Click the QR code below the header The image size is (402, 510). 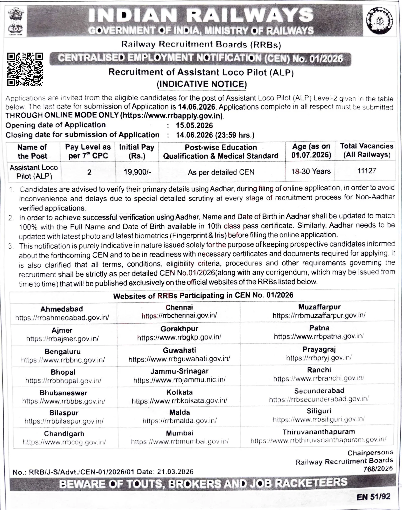[x=25, y=69]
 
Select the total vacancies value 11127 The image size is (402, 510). [x=367, y=171]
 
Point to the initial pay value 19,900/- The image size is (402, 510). [x=137, y=172]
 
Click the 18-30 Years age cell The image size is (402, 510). [x=311, y=172]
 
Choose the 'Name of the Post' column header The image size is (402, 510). [x=32, y=151]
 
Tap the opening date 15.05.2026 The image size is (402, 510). [x=194, y=125]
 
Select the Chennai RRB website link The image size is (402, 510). [x=179, y=316]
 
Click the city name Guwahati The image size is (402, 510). [x=179, y=350]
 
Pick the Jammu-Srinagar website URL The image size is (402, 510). [x=179, y=379]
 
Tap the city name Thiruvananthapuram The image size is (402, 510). [x=319, y=432]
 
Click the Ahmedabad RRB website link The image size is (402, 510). [x=62, y=318]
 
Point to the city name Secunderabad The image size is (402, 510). [x=319, y=391]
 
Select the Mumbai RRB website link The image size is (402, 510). [x=180, y=441]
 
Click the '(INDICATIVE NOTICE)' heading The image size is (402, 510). [x=202, y=84]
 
